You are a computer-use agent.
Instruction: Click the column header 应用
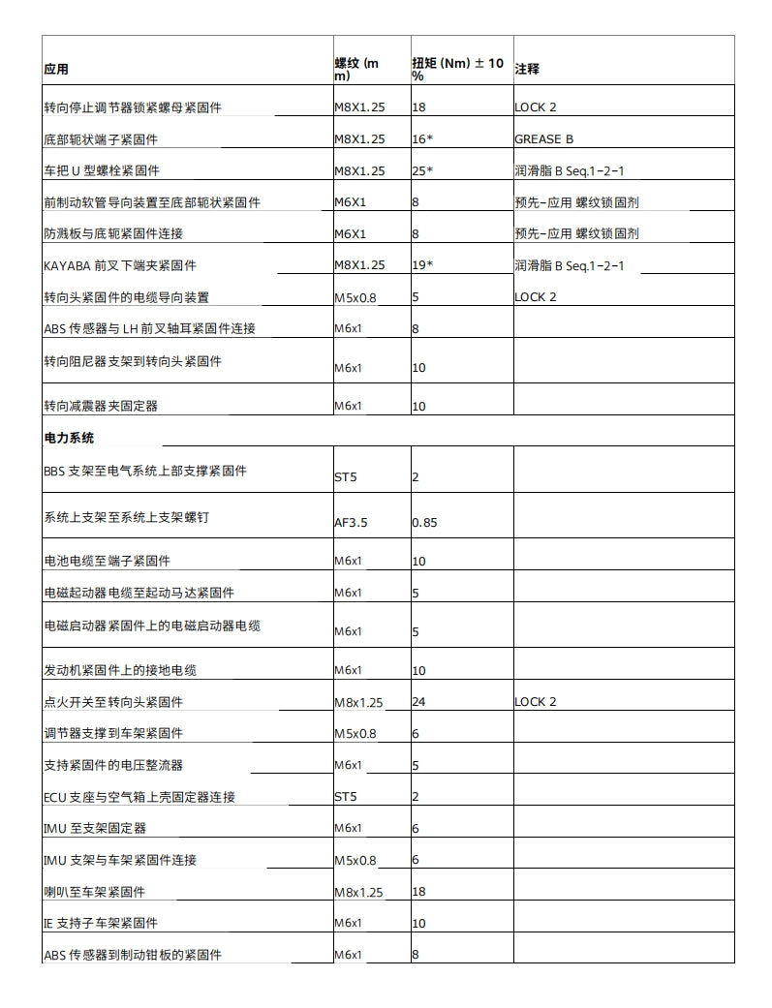(56, 70)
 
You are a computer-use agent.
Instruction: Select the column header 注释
(527, 70)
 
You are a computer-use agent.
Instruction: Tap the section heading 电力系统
(69, 438)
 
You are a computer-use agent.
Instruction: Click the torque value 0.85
(424, 523)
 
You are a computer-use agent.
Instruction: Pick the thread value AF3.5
(351, 523)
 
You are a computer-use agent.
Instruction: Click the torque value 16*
(422, 139)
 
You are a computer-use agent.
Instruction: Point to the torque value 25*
(422, 171)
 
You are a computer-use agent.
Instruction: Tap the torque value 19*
(422, 265)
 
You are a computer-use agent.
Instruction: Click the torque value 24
(419, 702)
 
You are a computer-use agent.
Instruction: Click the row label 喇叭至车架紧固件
(94, 892)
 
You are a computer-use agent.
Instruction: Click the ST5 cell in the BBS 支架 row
(346, 477)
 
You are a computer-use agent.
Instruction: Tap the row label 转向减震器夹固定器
(101, 405)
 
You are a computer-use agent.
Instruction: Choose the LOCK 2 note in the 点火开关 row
(536, 702)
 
